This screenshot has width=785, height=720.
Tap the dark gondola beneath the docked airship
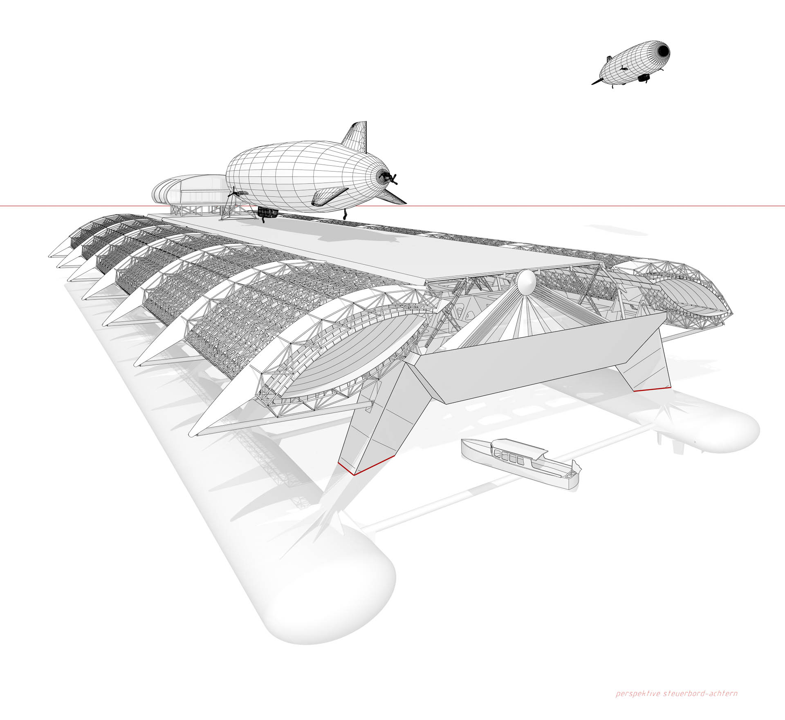(x=268, y=212)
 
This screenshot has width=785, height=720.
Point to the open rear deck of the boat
(x=564, y=474)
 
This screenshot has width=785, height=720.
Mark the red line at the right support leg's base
(x=653, y=389)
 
